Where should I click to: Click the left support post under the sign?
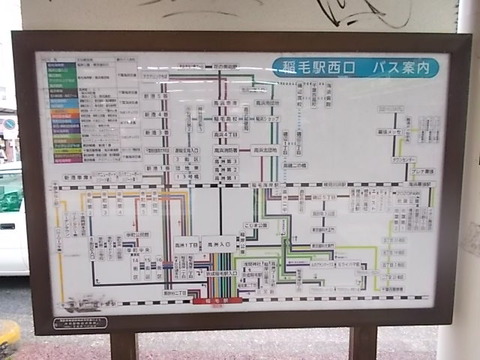(x=123, y=346)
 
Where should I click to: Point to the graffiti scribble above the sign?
(x=360, y=12)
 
